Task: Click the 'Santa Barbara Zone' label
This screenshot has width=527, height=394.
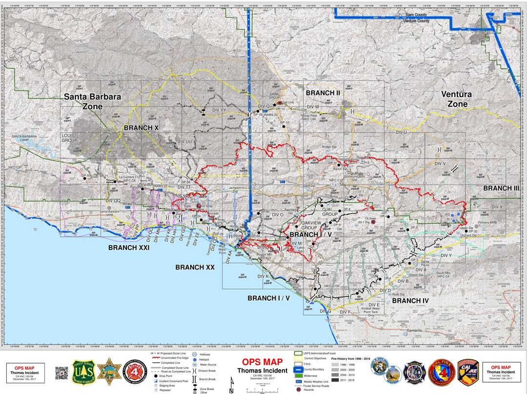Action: tap(93, 102)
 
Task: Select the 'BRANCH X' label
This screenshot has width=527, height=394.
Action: tap(142, 127)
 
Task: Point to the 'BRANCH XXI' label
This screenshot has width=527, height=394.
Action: tap(129, 248)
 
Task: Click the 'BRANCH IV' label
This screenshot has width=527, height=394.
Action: tap(411, 301)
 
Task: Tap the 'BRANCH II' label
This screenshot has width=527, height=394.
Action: tap(323, 93)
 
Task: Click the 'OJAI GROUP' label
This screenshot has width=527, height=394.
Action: tap(330, 211)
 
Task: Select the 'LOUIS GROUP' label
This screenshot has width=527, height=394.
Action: tap(69, 137)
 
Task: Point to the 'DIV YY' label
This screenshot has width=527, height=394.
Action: tap(219, 110)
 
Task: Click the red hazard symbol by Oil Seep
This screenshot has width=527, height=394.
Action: tap(373, 222)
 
